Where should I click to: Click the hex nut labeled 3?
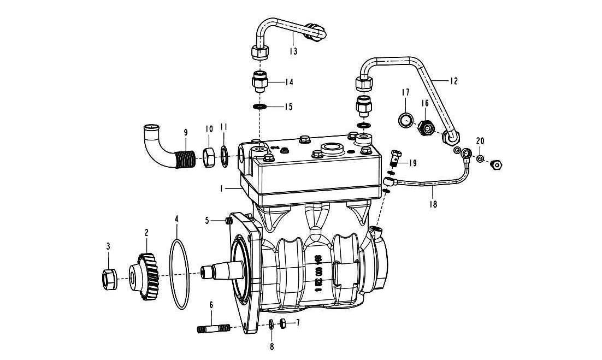(108, 279)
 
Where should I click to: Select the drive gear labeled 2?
(145, 276)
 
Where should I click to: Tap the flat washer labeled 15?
(260, 106)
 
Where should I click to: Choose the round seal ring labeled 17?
(405, 119)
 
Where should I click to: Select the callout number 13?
(293, 51)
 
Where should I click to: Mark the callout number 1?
(221, 187)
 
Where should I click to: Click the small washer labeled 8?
(272, 326)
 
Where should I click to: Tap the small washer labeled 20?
(479, 159)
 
